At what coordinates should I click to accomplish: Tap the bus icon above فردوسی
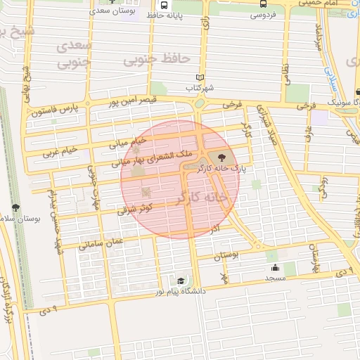coord(263,3)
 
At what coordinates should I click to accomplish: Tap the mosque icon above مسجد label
coord(275,268)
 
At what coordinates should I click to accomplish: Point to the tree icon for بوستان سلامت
coord(15,207)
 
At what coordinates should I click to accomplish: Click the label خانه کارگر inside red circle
coord(200,198)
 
